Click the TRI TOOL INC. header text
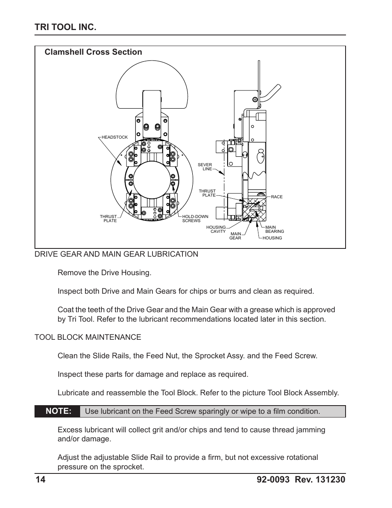click(x=66, y=27)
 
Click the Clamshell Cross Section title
click(x=93, y=52)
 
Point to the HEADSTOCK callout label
click(x=115, y=137)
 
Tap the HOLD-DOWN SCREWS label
click(x=195, y=218)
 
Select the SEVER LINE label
click(x=205, y=167)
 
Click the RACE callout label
click(x=277, y=197)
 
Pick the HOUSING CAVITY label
click(x=216, y=229)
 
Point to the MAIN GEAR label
click(x=235, y=236)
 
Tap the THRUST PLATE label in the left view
click(x=108, y=218)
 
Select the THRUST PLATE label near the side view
click(x=208, y=193)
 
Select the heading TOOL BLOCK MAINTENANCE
click(x=88, y=337)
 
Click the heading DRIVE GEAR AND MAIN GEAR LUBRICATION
click(x=116, y=254)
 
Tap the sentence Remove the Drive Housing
click(x=104, y=273)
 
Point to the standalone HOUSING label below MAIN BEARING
click(x=272, y=238)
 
